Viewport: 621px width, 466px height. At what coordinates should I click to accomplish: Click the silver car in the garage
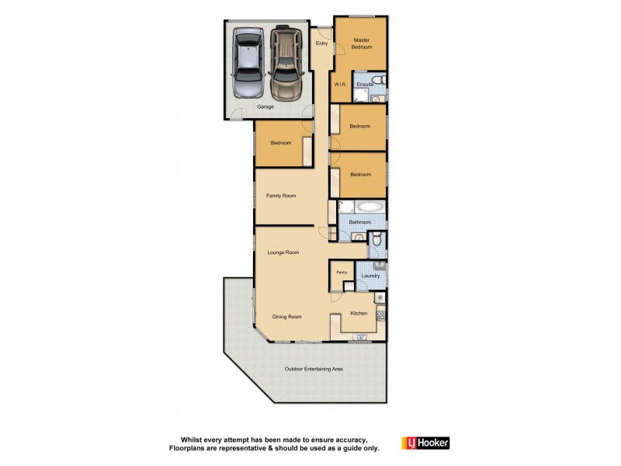tap(248, 60)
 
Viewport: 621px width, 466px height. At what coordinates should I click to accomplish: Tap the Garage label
tap(265, 107)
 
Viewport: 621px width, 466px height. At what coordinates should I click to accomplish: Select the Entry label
tap(321, 43)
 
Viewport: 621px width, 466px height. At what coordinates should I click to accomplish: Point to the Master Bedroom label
tap(360, 43)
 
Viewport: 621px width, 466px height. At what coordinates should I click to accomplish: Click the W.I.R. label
tap(339, 84)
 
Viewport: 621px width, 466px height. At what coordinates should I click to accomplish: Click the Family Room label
tap(281, 196)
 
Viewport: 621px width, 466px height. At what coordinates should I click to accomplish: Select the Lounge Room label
tap(283, 252)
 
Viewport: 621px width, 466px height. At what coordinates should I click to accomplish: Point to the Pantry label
tap(341, 272)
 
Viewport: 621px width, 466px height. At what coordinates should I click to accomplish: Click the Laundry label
tap(370, 276)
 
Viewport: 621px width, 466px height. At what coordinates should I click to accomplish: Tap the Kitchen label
tap(359, 313)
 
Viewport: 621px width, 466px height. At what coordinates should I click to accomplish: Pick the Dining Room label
tap(286, 317)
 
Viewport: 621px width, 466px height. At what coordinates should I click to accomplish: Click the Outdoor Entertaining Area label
tap(314, 369)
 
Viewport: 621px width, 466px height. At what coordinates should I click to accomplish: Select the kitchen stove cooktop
tap(380, 315)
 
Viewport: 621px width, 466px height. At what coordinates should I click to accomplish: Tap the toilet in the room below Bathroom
tap(376, 242)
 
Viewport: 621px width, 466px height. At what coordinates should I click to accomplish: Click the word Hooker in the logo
tap(433, 443)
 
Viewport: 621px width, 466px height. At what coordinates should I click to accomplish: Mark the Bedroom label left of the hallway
tap(281, 143)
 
